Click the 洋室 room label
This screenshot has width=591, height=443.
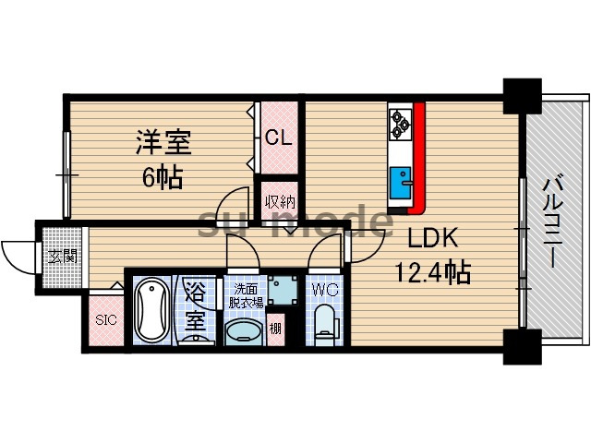(x=163, y=143)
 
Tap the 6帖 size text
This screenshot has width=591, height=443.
(x=163, y=174)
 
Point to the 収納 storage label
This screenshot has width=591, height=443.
(x=280, y=201)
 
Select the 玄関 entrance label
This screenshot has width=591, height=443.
(x=61, y=255)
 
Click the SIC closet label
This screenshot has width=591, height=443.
(x=105, y=322)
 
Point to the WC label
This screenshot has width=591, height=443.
(x=324, y=288)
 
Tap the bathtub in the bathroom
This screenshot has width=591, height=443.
(x=150, y=310)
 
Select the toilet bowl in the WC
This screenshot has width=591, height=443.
(x=324, y=324)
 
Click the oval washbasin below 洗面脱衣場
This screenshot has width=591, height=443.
(x=244, y=331)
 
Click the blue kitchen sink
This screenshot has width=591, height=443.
(x=402, y=178)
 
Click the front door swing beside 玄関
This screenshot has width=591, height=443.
(x=18, y=252)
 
